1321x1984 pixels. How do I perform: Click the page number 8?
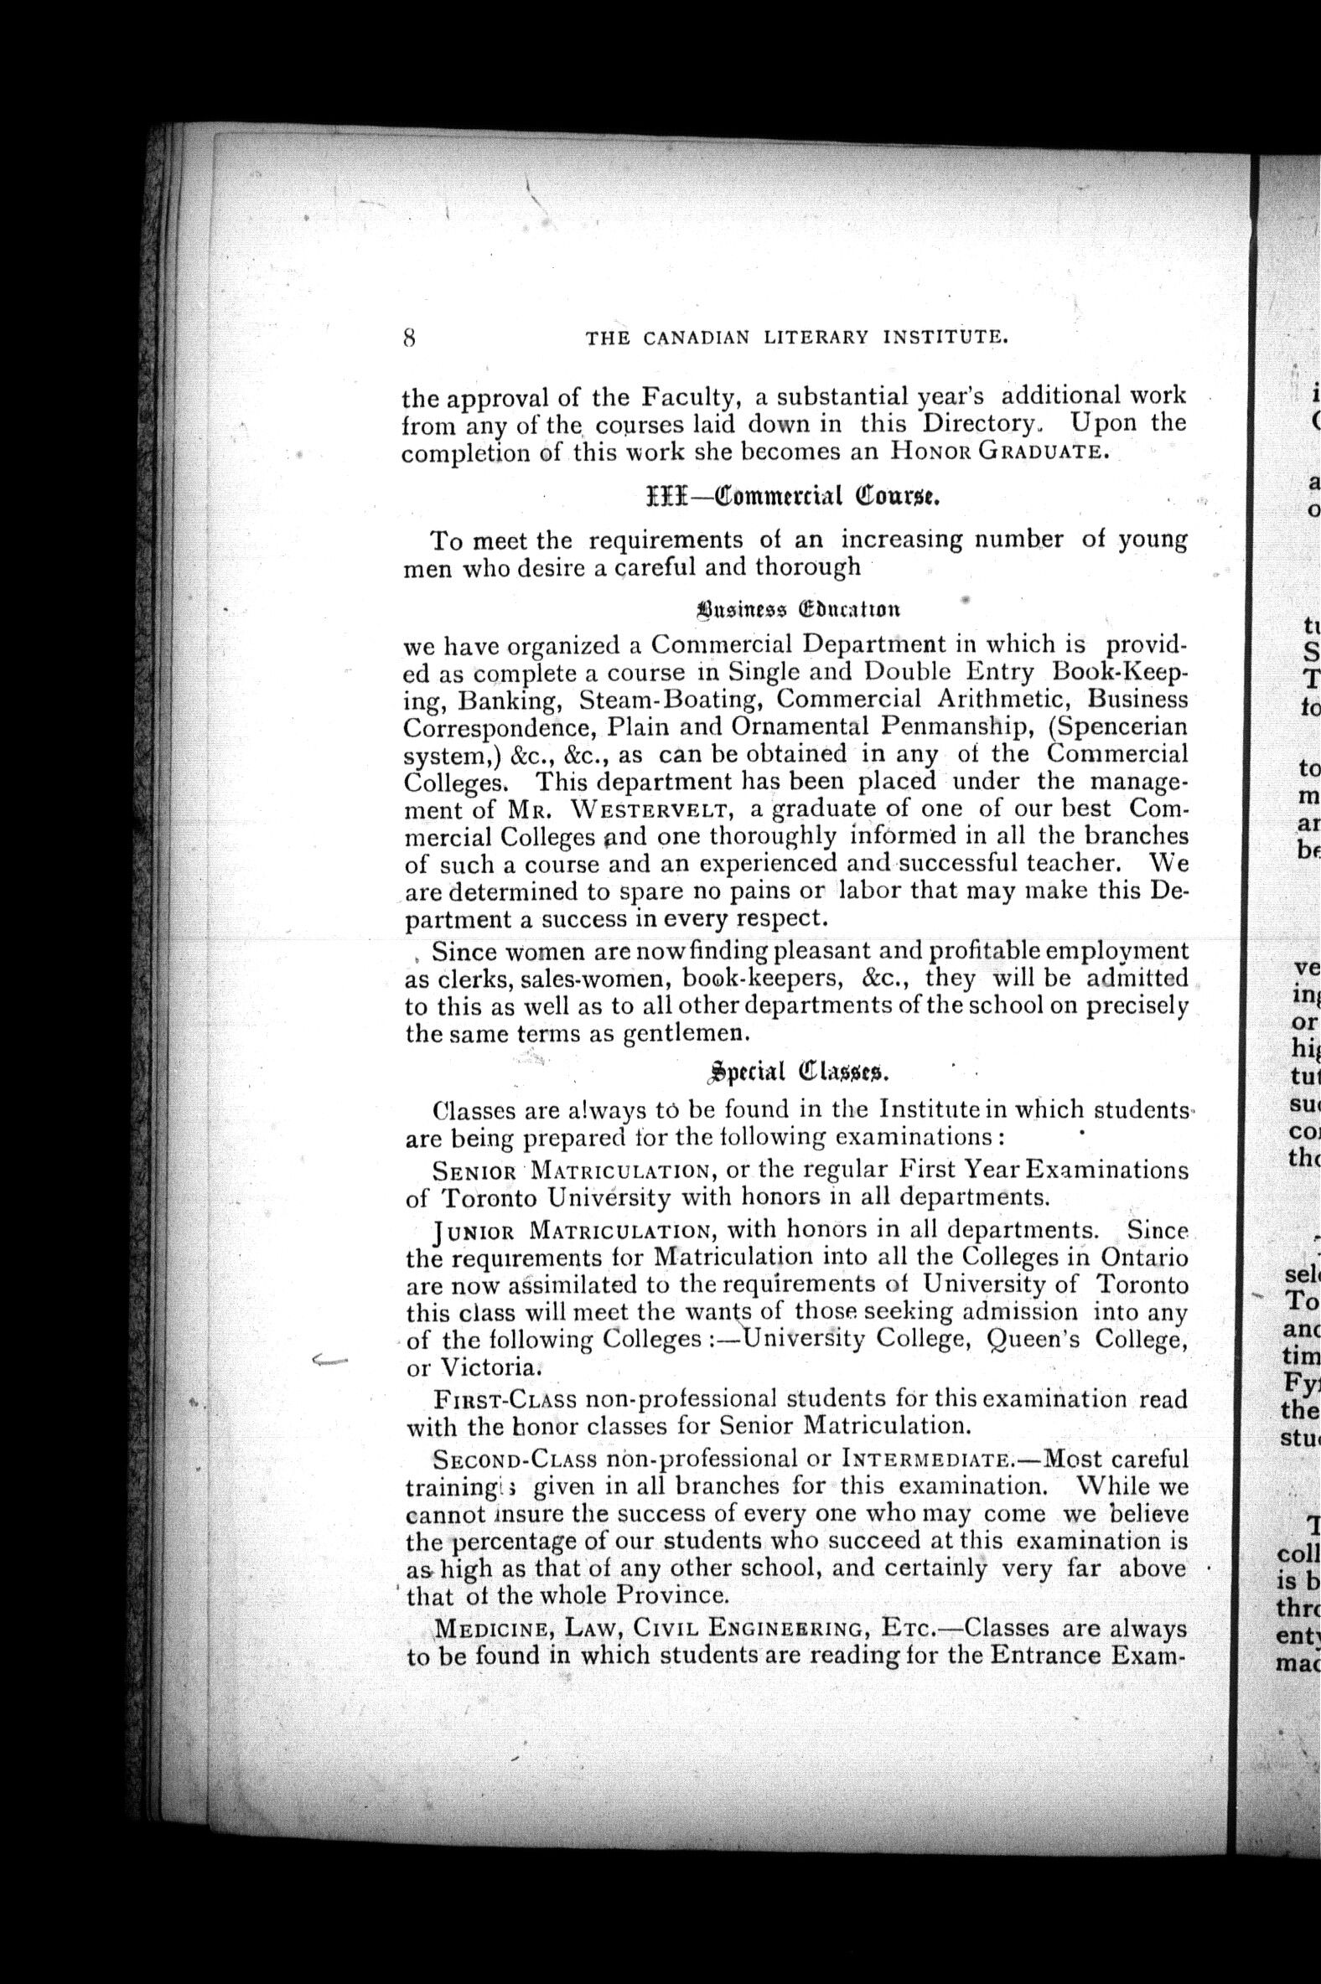pyautogui.click(x=409, y=337)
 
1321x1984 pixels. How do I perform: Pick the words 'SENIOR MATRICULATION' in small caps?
pyautogui.click(x=569, y=1171)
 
